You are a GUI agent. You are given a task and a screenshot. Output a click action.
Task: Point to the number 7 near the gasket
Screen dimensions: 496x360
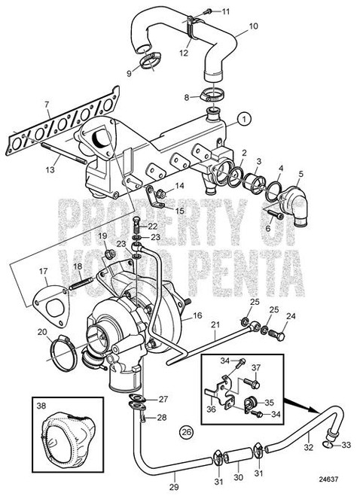pos(46,104)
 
